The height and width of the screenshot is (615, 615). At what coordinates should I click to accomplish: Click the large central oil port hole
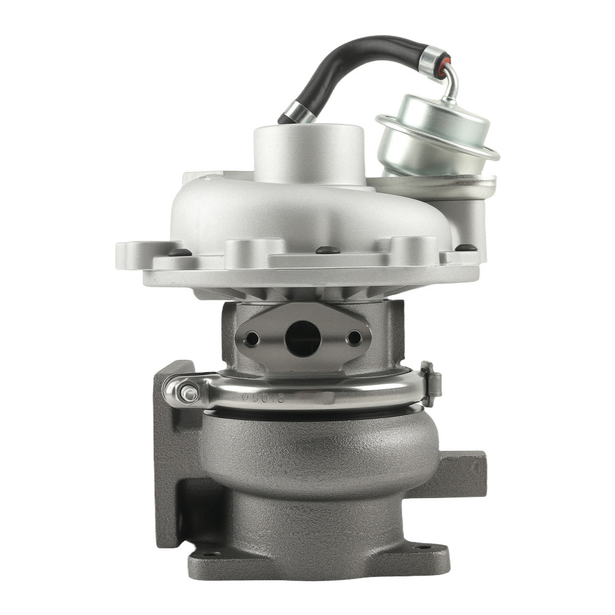click(x=303, y=339)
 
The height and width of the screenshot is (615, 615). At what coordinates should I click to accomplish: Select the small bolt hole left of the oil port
click(x=252, y=338)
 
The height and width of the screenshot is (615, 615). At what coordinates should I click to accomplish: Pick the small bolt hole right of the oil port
click(x=354, y=338)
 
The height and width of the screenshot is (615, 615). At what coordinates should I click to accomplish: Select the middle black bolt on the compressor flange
click(x=327, y=250)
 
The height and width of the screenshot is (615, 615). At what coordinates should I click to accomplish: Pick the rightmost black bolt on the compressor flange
click(x=466, y=248)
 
